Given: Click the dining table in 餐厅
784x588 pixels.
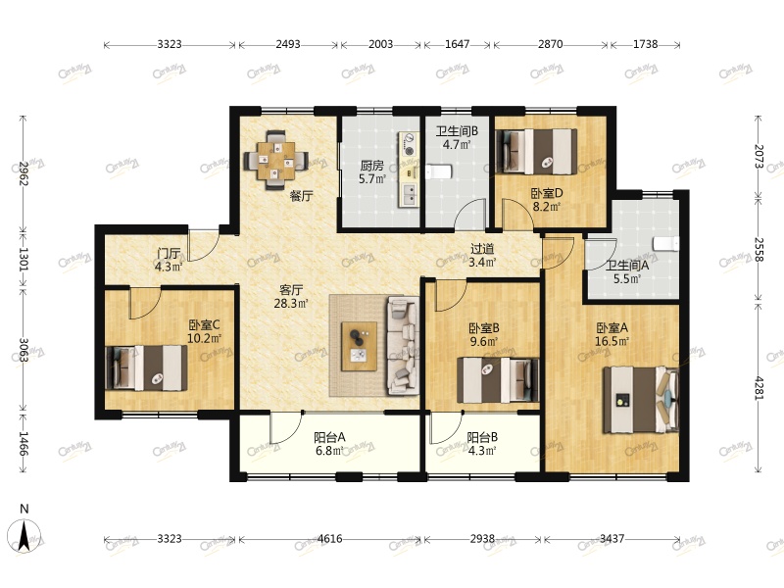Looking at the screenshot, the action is point(275,161).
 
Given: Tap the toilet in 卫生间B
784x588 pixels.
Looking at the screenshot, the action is point(439,171).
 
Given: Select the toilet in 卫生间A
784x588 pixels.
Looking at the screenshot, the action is point(666,243).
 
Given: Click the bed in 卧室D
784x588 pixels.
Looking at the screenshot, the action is point(536,152).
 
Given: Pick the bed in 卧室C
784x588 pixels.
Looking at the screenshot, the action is point(146,368).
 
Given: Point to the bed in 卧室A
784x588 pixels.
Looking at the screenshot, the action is point(641,400).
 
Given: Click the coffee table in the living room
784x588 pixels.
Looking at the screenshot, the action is point(359,346).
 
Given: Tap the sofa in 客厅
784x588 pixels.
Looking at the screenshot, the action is point(403,346).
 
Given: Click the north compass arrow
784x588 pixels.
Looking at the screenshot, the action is point(24,535).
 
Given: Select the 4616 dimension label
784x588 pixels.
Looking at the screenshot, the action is point(330,539).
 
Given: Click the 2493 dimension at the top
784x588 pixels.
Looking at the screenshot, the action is point(288,44).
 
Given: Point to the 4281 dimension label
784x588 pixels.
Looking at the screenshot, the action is point(759,387).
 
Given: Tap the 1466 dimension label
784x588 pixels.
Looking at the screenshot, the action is point(23,444).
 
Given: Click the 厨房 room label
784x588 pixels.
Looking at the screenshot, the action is point(371,166).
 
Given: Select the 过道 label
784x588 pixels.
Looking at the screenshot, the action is point(482,249).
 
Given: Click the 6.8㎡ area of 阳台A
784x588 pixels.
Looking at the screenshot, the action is point(329,451).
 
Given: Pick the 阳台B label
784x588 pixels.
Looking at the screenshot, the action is point(482,437).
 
